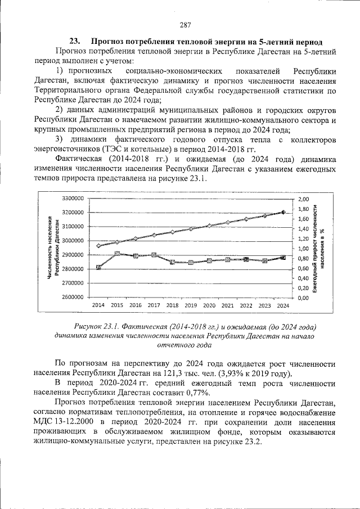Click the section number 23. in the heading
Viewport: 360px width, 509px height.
click(x=75, y=42)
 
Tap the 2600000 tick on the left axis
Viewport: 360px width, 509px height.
click(x=73, y=298)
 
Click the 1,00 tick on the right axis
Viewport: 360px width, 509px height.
click(x=304, y=249)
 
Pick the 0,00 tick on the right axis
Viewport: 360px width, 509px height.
click(x=304, y=298)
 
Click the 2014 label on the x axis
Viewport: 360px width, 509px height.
click(x=98, y=305)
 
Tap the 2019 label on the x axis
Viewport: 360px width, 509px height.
click(x=191, y=305)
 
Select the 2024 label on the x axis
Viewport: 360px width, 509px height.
click(x=283, y=305)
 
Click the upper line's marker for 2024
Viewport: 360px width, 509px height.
click(x=283, y=212)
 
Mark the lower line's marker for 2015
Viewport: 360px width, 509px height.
click(x=117, y=254)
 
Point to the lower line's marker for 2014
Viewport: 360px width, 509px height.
click(x=98, y=267)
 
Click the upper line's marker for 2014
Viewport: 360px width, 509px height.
click(x=98, y=246)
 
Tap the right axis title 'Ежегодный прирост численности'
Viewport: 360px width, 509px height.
click(x=316, y=248)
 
